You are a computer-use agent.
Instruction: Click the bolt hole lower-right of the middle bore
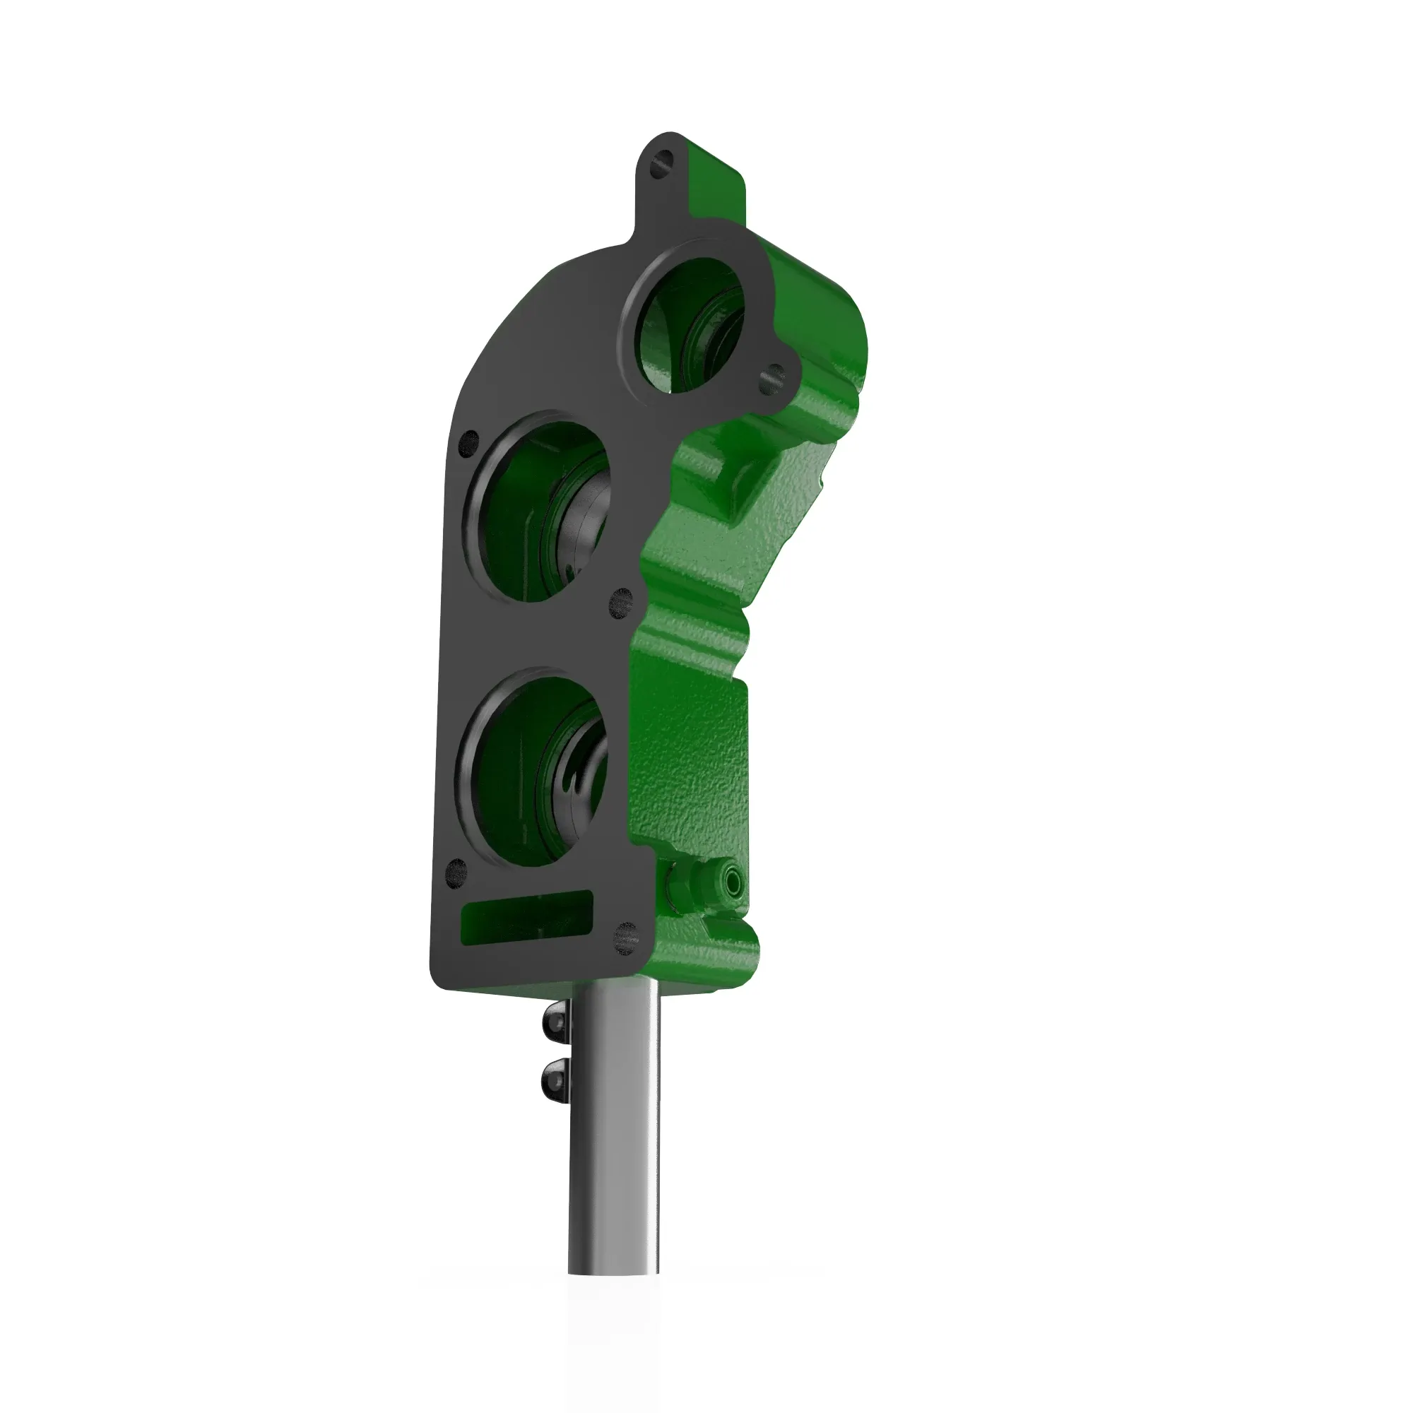[620, 601]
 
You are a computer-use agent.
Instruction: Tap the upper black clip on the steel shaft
[555, 1023]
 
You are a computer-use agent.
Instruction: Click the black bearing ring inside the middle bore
[585, 526]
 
